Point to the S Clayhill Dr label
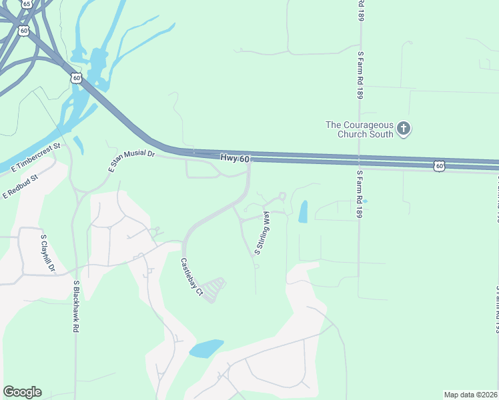[47, 254]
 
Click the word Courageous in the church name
[366, 124]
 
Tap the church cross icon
[404, 128]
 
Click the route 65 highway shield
[27, 3]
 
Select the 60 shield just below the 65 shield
[24, 30]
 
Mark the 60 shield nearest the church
[438, 165]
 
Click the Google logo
[22, 392]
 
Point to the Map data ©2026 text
[470, 395]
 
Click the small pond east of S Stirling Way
[304, 211]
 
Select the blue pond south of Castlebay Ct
[206, 348]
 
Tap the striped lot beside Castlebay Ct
[213, 290]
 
